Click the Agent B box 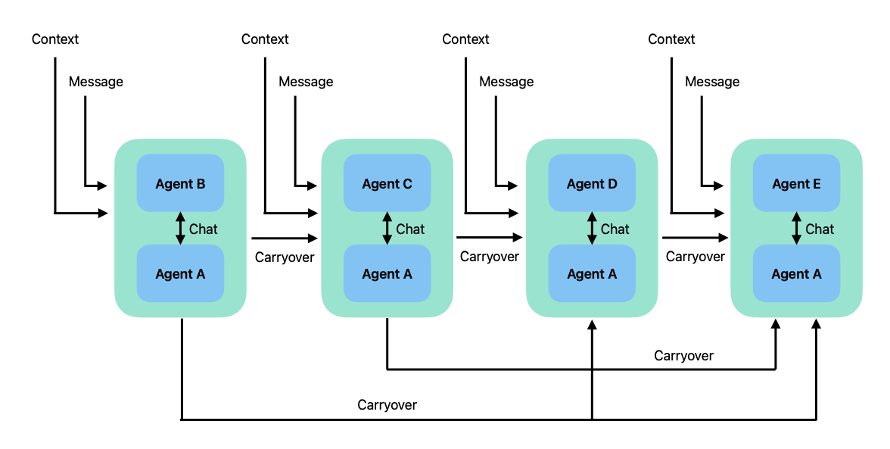point(180,183)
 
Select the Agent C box point(387,183)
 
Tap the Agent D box point(592,183)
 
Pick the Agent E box point(796,183)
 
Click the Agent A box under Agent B point(180,274)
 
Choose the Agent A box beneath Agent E point(796,274)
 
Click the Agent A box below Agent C point(387,274)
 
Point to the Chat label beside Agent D point(615,229)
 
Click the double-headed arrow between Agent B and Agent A point(180,229)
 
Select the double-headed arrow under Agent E point(796,229)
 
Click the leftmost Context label point(55,39)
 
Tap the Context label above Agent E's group point(671,39)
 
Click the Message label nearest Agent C point(306,81)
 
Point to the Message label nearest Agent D point(506,81)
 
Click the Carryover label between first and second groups point(285,257)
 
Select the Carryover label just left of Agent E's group point(695,257)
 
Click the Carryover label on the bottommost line point(387,404)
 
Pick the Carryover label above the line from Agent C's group point(683,355)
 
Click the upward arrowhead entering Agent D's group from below point(592,323)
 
